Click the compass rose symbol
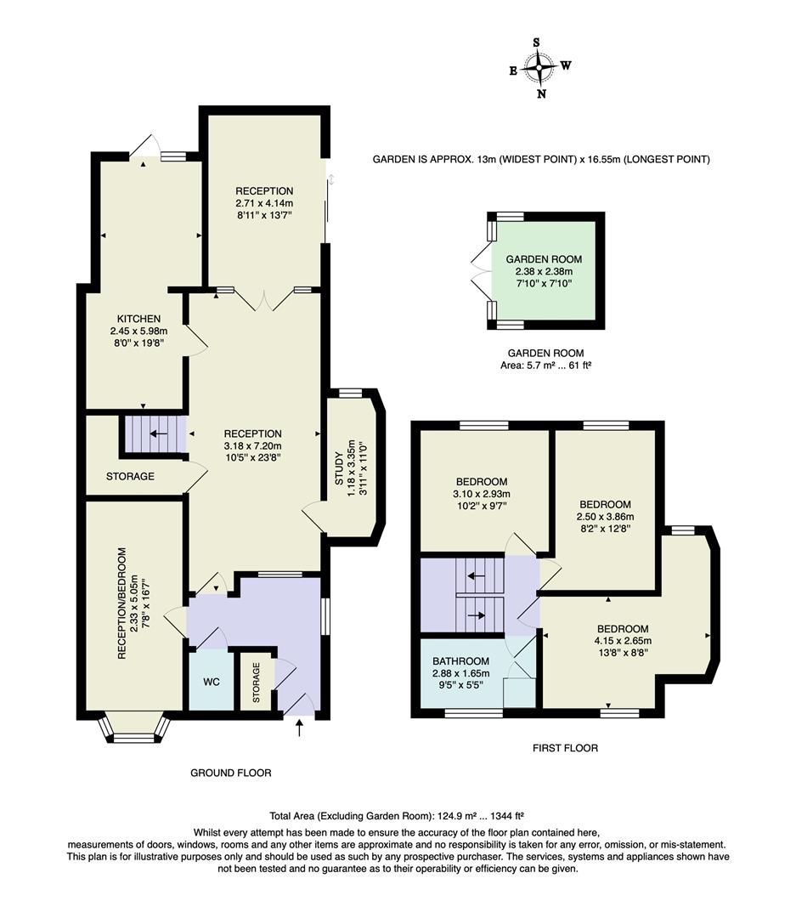pyautogui.click(x=539, y=66)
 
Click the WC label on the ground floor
pyautogui.click(x=211, y=683)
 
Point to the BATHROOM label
pyautogui.click(x=460, y=661)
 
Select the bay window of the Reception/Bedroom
pyautogui.click(x=134, y=728)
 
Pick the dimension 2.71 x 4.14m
pyautogui.click(x=264, y=204)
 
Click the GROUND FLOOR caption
pyautogui.click(x=230, y=773)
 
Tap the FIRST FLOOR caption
pyautogui.click(x=565, y=749)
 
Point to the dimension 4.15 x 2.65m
pyautogui.click(x=623, y=642)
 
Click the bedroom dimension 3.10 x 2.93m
pyautogui.click(x=481, y=494)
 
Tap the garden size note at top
pyautogui.click(x=541, y=160)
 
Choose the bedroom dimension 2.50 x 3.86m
pyautogui.click(x=605, y=516)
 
